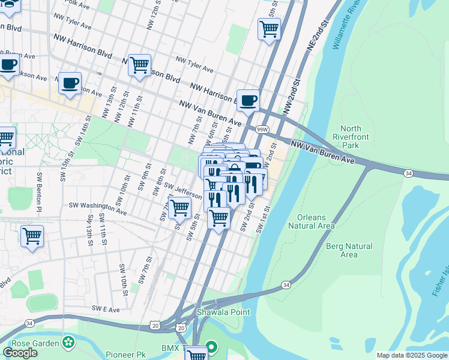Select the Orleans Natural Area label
[311, 221]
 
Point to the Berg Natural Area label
[349, 250]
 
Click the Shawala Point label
[220, 312]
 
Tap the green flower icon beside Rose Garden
[69, 343]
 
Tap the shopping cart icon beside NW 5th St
[270, 28]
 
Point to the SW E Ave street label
[106, 308]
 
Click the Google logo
[20, 353]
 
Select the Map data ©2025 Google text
[411, 355]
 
